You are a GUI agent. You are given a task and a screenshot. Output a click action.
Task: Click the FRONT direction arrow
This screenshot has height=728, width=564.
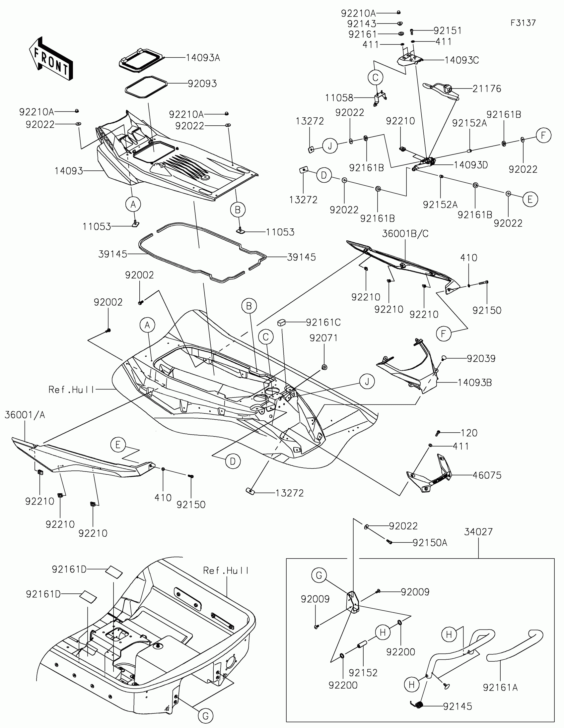click(x=51, y=59)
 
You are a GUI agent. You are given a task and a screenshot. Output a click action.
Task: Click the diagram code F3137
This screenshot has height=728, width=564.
click(x=523, y=23)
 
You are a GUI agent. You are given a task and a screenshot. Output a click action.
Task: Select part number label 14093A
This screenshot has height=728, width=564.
click(x=203, y=58)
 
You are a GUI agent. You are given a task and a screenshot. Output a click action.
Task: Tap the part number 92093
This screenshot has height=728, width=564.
click(x=202, y=84)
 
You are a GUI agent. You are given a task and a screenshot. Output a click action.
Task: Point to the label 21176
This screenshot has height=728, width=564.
click(x=487, y=89)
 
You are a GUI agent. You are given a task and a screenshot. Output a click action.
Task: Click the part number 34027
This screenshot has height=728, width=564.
click(x=478, y=532)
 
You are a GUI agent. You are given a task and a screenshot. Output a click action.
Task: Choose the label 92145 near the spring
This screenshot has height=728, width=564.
click(x=457, y=706)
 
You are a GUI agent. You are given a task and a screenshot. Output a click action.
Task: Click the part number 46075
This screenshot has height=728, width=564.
click(x=487, y=475)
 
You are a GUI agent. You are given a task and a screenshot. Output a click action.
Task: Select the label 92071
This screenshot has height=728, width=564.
click(x=323, y=338)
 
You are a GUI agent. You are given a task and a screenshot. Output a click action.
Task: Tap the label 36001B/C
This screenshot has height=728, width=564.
click(x=405, y=234)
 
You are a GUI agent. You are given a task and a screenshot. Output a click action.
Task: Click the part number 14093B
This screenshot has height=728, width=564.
click(x=474, y=383)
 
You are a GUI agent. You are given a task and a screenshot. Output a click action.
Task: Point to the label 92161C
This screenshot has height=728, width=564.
click(x=323, y=322)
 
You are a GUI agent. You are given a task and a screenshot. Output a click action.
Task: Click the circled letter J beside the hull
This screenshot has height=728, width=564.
click(x=367, y=381)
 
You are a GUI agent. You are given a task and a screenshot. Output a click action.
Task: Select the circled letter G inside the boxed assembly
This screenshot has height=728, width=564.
click(x=319, y=575)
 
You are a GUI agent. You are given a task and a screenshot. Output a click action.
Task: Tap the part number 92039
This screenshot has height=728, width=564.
click(x=481, y=359)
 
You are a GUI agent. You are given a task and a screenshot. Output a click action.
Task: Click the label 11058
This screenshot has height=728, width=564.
click(x=339, y=98)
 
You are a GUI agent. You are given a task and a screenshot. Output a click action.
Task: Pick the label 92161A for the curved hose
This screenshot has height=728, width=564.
click(x=500, y=687)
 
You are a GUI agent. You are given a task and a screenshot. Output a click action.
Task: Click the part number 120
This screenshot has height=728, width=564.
click(x=469, y=433)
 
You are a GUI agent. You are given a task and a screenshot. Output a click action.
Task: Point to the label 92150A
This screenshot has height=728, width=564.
click(x=430, y=543)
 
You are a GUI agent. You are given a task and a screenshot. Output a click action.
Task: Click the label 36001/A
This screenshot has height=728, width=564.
click(x=25, y=415)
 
